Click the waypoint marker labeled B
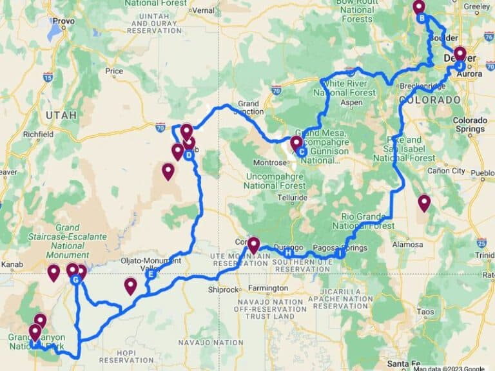point(422,18)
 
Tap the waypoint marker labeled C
point(302,151)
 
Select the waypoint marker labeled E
point(151,274)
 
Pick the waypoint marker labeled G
point(76,280)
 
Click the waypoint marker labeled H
point(287,252)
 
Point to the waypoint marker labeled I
point(339,254)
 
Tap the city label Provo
point(64,21)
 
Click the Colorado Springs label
point(470,124)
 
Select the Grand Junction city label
point(248,107)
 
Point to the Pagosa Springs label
point(339,248)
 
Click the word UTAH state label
point(60,115)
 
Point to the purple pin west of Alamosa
point(423,203)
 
